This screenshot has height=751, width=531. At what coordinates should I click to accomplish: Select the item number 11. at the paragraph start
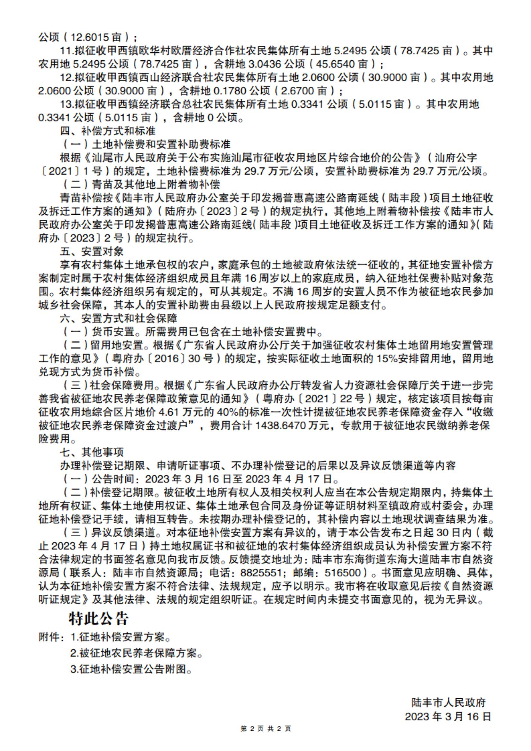tap(67, 50)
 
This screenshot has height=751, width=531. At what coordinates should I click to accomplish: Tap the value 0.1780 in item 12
tap(231, 91)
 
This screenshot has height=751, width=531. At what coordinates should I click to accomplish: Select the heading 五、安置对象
tap(92, 252)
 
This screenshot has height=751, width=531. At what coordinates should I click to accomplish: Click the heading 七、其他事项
tap(92, 452)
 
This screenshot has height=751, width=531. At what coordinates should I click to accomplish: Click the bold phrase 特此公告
tap(98, 619)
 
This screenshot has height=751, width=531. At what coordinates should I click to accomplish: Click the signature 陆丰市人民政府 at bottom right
tap(448, 702)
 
